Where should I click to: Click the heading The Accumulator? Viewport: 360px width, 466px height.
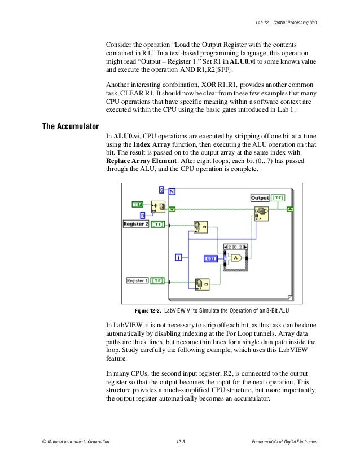click(x=71, y=126)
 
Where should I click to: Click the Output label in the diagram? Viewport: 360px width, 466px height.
click(x=260, y=198)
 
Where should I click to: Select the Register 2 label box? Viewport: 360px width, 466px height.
click(x=136, y=224)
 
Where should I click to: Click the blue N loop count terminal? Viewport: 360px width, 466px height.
click(x=172, y=191)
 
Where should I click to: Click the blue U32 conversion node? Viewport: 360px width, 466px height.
click(x=210, y=258)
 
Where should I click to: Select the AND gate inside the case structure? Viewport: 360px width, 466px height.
click(x=236, y=258)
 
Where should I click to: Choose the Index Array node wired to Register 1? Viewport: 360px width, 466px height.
click(x=201, y=284)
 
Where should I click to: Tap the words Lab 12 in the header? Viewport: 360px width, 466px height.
click(x=260, y=22)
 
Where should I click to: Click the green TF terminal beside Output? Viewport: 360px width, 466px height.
click(x=278, y=198)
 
